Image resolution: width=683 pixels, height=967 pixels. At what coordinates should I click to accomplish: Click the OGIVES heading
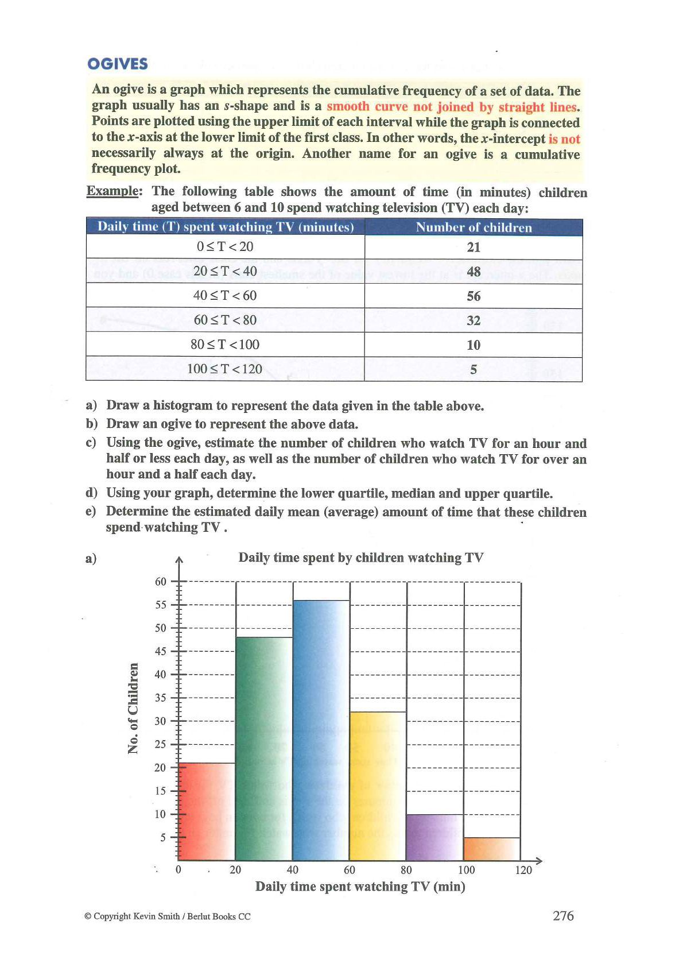(117, 64)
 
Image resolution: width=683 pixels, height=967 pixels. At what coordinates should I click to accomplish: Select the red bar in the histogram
(207, 811)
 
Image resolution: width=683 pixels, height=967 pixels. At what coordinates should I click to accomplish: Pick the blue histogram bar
(321, 729)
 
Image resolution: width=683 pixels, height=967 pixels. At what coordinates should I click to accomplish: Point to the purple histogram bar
(434, 837)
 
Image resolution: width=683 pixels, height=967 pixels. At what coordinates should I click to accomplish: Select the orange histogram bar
(492, 849)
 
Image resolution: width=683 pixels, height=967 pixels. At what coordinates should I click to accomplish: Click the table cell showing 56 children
(474, 296)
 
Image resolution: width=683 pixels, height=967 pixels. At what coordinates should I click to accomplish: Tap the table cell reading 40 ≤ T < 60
(225, 296)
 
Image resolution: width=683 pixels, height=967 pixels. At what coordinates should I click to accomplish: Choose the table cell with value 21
(474, 247)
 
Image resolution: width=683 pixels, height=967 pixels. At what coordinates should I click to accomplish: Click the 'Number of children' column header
(474, 227)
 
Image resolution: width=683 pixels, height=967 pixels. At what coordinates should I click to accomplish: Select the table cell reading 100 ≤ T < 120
(225, 369)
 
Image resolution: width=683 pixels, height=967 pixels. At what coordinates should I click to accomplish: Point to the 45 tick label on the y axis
(161, 651)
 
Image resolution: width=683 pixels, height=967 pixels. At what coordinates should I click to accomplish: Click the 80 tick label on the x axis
(406, 870)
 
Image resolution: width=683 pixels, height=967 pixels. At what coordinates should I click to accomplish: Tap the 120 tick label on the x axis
(523, 870)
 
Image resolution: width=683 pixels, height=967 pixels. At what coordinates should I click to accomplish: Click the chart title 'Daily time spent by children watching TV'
(361, 558)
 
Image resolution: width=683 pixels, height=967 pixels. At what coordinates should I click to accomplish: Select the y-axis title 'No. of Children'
(133, 708)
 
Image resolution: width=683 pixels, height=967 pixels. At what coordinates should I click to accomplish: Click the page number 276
(563, 916)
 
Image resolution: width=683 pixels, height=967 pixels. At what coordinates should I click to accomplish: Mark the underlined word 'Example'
(114, 191)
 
